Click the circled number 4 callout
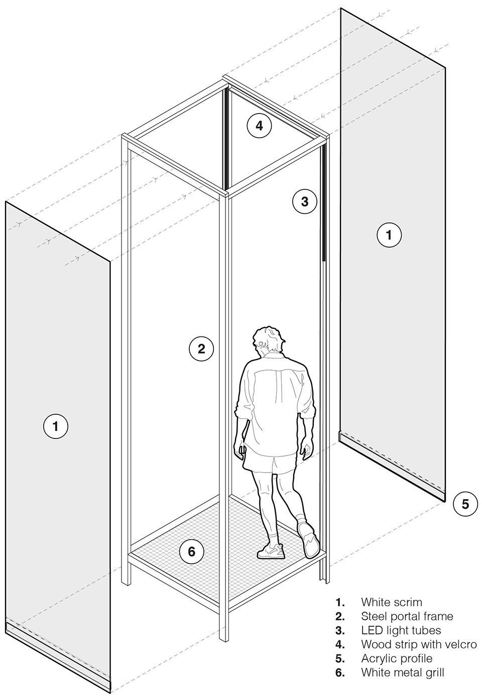[259, 126]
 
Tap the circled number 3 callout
[305, 201]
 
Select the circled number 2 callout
[201, 349]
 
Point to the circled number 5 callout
[465, 504]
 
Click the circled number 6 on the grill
[191, 552]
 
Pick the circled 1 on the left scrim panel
[56, 426]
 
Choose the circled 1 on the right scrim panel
[389, 235]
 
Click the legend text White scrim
[392, 602]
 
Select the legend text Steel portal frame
[407, 616]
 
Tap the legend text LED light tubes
[401, 630]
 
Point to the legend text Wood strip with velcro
[419, 644]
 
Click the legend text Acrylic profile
[397, 658]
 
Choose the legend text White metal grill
[402, 672]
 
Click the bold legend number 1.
[339, 602]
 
